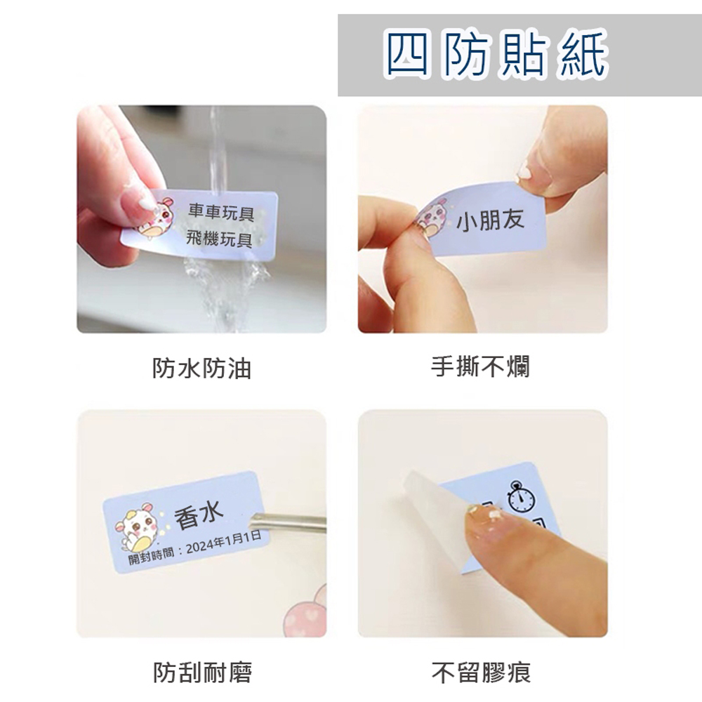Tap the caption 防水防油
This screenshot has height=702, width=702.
point(201,369)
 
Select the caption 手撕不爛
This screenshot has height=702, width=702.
point(480,367)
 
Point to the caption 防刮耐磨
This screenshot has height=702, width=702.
point(202,672)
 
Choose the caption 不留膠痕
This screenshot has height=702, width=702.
point(482,672)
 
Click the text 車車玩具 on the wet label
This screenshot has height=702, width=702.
point(220,212)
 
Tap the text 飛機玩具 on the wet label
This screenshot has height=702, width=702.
point(219,239)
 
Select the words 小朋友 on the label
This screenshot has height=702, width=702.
point(490,220)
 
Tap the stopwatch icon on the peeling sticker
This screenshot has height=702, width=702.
point(521,497)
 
